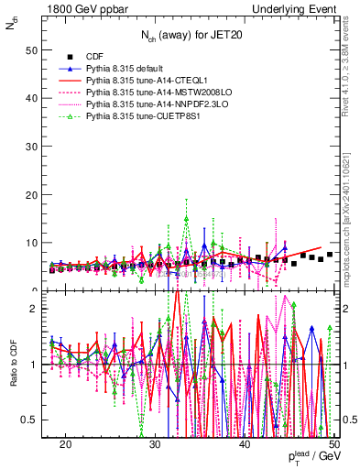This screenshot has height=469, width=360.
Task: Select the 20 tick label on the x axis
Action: pyautogui.click(x=66, y=443)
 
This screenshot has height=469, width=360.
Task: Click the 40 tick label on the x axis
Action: pyautogui.click(x=245, y=443)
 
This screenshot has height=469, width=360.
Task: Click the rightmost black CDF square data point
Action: pyautogui.click(x=330, y=254)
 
